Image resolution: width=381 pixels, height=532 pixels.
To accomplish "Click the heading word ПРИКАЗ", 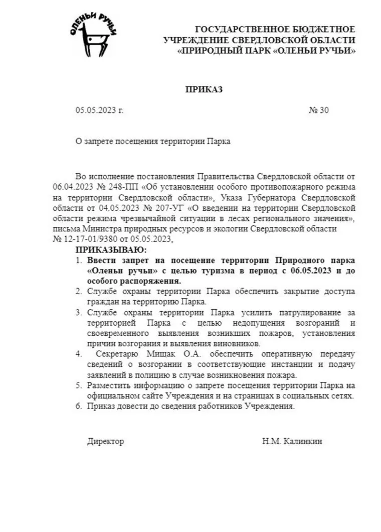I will click(x=204, y=90).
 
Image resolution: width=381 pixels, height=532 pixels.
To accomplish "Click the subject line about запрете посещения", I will click(x=153, y=142).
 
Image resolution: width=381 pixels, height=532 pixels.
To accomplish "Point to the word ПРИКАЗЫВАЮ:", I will click(x=112, y=249).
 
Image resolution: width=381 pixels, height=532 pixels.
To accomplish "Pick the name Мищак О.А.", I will click(x=148, y=354).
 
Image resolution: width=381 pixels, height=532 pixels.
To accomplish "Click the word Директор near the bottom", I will click(x=105, y=442).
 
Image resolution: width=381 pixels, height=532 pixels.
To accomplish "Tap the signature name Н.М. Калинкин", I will click(x=292, y=442).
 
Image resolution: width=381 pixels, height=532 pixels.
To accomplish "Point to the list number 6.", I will click(x=79, y=407).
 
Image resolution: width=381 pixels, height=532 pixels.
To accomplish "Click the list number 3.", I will click(x=79, y=312).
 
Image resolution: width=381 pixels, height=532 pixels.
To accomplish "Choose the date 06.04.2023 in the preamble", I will click(x=70, y=187).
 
